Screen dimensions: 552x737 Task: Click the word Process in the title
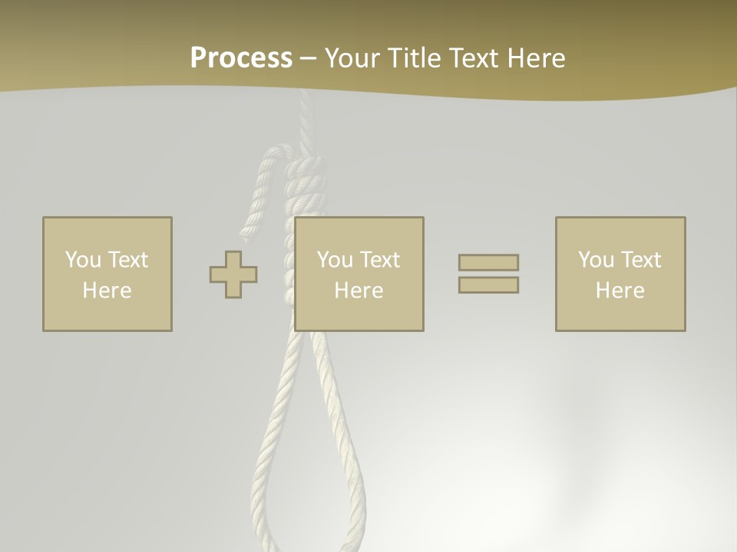pos(241,58)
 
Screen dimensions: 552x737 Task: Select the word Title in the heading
pos(413,58)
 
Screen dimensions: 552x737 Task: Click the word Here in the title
pos(535,58)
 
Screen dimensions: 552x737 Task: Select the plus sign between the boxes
pos(233,274)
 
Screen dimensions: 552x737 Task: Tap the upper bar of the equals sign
pos(488,262)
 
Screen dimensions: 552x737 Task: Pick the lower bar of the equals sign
pos(488,285)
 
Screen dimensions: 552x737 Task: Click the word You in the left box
pos(83,260)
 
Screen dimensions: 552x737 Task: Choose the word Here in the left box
pos(107,291)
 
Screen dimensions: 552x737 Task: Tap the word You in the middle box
pos(335,260)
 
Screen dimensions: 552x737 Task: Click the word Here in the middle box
pos(359,291)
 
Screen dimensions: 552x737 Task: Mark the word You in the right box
pos(596,260)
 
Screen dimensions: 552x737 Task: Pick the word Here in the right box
pos(620,291)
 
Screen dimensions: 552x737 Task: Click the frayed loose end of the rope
pos(249,228)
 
